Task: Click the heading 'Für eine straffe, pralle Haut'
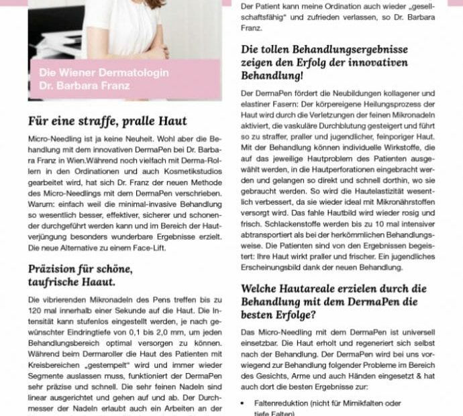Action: (107, 121)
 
